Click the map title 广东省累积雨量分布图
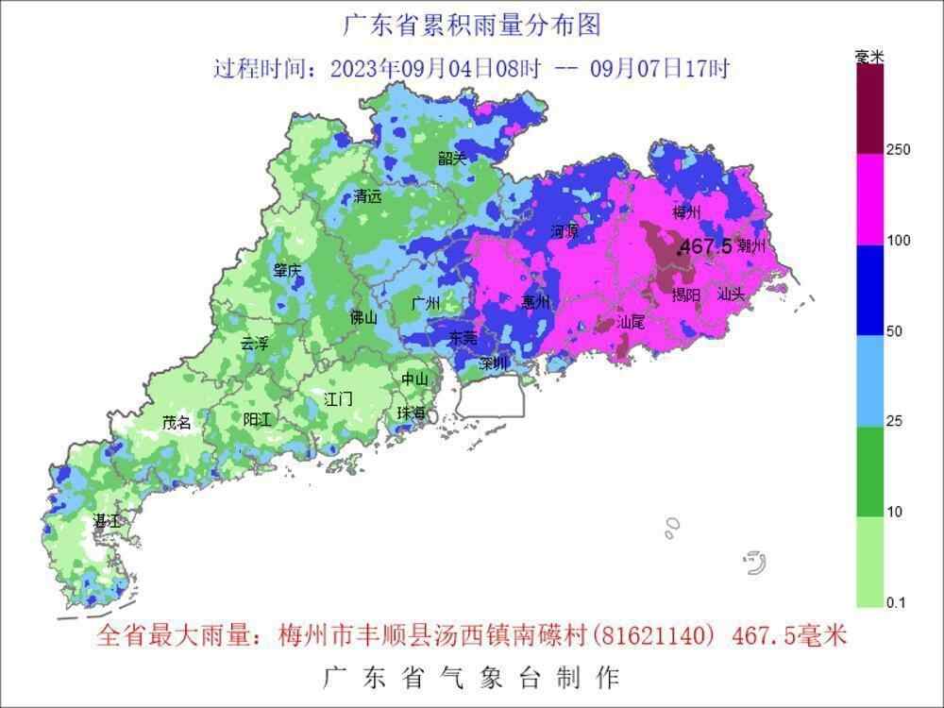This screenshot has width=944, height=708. [471, 25]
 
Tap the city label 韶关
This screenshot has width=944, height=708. [452, 159]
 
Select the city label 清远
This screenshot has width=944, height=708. [367, 197]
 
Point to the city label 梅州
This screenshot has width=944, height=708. [687, 211]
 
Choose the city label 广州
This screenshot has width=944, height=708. [427, 304]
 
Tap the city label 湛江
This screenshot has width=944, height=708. [106, 521]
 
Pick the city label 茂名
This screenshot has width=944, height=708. [177, 423]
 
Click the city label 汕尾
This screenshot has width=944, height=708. [631, 323]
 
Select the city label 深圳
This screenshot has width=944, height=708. [494, 363]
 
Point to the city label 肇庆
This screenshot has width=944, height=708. [288, 271]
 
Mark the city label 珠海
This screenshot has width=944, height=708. [411, 413]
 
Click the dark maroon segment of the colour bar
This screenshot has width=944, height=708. [870, 109]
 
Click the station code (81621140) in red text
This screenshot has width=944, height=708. [653, 636]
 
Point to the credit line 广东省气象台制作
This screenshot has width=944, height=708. [471, 677]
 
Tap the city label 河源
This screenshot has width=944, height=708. [564, 231]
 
